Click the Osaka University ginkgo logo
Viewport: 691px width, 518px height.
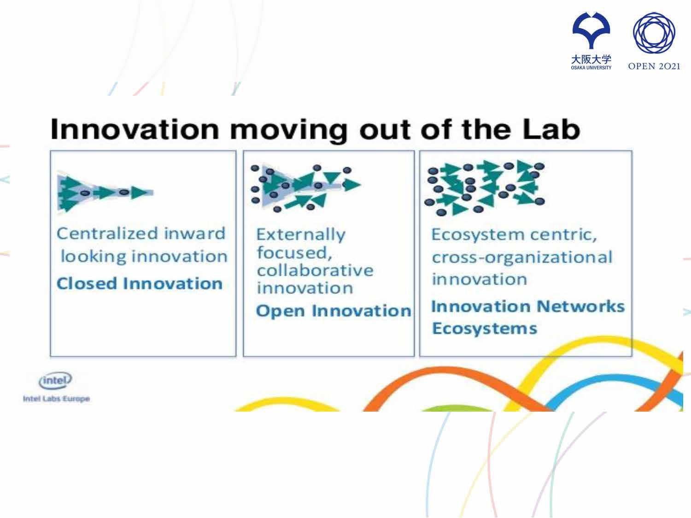click(x=591, y=30)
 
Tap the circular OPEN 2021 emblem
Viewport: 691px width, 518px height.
click(x=654, y=33)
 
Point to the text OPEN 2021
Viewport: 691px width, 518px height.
click(x=654, y=66)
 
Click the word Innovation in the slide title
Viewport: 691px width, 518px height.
click(x=135, y=129)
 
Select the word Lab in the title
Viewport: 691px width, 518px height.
click(x=551, y=129)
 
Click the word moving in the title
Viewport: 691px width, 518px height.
click(x=289, y=131)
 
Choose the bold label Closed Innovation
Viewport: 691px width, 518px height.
click(x=140, y=283)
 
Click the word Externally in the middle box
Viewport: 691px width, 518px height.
click(x=301, y=235)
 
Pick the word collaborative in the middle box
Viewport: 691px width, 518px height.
click(x=315, y=270)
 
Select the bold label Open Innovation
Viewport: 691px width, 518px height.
click(x=334, y=311)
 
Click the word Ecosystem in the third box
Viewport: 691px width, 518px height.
click(x=479, y=235)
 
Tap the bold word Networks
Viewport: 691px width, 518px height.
click(x=581, y=306)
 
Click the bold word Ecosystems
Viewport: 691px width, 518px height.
click(x=485, y=329)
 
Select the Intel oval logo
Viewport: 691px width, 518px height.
click(x=55, y=381)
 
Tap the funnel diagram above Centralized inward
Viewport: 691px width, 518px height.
click(x=105, y=192)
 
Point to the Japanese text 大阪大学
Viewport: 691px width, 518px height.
click(x=591, y=59)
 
